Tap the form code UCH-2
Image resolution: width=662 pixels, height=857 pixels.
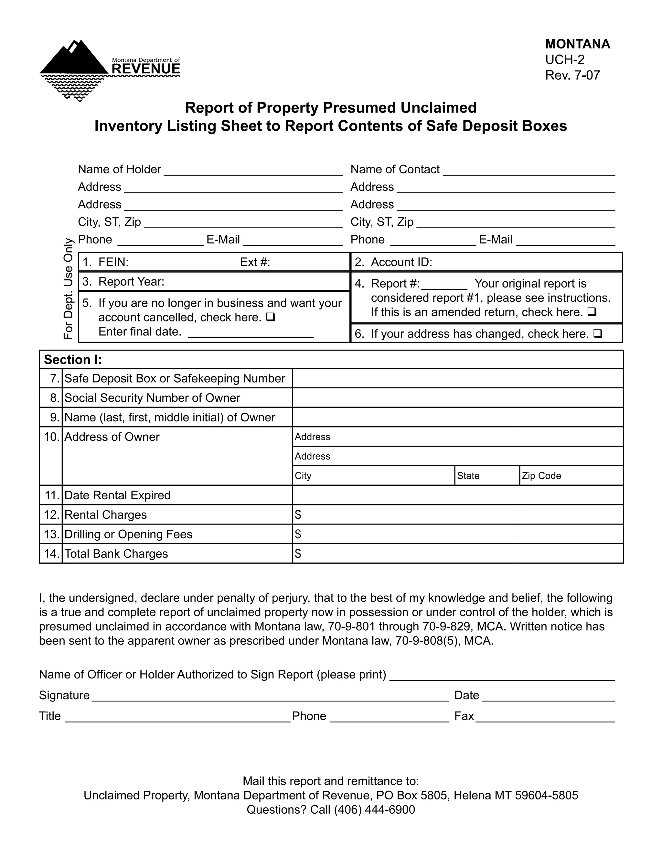pyautogui.click(x=564, y=60)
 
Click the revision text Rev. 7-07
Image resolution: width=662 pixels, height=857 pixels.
pyautogui.click(x=572, y=75)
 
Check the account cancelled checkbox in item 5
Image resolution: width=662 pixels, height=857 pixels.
pyautogui.click(x=270, y=316)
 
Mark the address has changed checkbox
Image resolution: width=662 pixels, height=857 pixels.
pyautogui.click(x=598, y=333)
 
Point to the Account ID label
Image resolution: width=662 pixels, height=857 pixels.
pyautogui.click(x=401, y=262)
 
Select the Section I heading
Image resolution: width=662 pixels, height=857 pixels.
pyautogui.click(x=73, y=359)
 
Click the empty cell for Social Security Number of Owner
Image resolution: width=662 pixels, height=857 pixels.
pyautogui.click(x=458, y=397)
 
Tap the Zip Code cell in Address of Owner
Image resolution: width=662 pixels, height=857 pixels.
pyautogui.click(x=571, y=476)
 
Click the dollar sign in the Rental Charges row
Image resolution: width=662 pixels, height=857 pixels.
pyautogui.click(x=298, y=515)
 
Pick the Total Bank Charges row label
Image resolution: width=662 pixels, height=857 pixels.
pyautogui.click(x=116, y=554)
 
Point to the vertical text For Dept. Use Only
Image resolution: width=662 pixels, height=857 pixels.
pyautogui.click(x=68, y=288)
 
